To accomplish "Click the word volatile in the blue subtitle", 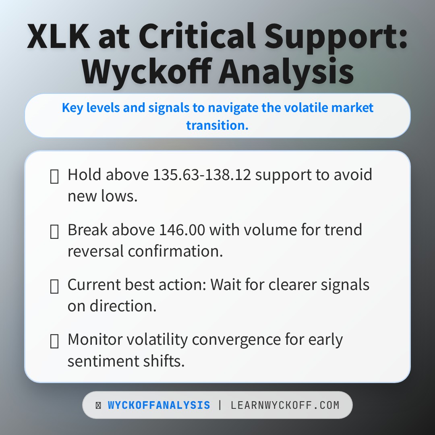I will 308,108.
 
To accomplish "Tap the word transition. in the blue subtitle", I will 217,125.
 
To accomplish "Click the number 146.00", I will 182,230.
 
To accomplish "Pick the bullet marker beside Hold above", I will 54,176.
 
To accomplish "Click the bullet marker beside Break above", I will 54,231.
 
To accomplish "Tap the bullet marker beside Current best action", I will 54,286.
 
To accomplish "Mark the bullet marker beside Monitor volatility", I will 54,341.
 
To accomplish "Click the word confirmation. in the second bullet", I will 175,251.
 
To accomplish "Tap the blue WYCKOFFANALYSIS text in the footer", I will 159,405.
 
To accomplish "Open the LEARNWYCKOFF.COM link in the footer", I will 285,405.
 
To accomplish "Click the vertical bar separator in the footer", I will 220,405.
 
